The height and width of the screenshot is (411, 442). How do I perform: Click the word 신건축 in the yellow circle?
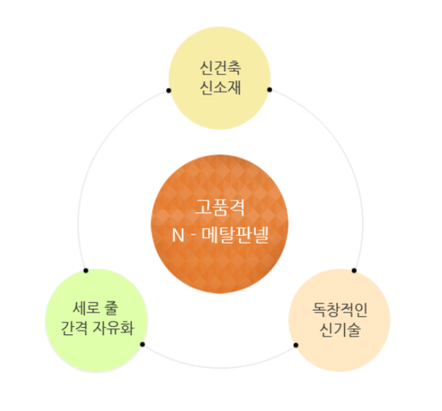click(221, 68)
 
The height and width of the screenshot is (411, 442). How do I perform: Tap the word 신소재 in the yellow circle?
click(221, 88)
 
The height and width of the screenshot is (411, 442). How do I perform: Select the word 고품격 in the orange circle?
click(220, 208)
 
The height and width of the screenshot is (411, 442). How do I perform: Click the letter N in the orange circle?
click(178, 235)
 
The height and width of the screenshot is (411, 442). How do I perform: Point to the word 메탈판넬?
click(235, 235)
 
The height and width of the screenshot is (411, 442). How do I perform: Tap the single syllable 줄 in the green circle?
click(111, 308)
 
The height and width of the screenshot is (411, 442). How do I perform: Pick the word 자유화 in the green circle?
click(113, 328)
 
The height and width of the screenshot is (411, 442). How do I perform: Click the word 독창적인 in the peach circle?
click(340, 310)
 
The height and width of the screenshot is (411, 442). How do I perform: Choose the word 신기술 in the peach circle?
click(340, 330)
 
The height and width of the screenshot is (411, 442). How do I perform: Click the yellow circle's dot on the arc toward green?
click(168, 90)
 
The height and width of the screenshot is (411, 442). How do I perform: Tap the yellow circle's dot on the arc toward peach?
click(270, 90)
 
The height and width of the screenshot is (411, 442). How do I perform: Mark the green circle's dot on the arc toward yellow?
click(86, 270)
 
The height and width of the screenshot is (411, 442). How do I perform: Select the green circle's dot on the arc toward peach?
click(142, 344)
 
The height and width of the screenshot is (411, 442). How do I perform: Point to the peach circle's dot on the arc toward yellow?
click(354, 270)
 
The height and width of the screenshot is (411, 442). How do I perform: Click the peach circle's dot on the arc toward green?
click(296, 345)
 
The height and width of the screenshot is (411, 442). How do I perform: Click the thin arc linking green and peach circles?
click(220, 368)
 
